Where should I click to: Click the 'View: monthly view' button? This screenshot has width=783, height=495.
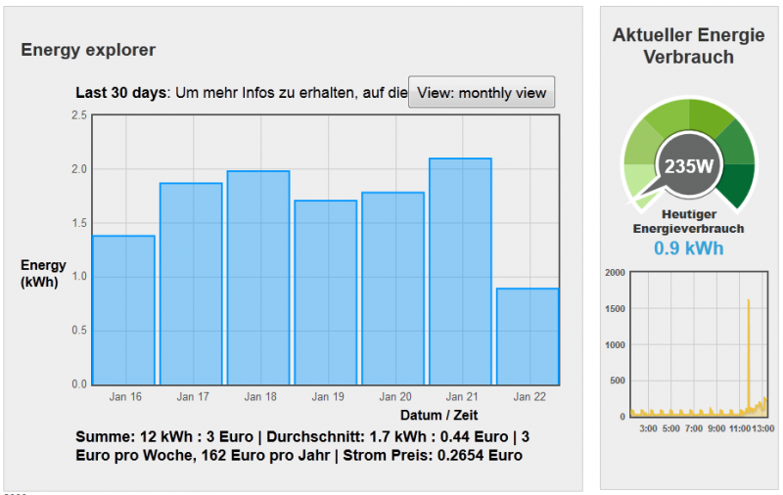pos(482,93)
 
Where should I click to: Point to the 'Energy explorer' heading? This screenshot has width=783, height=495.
pos(88,50)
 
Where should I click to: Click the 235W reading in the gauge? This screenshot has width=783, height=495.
pos(689,165)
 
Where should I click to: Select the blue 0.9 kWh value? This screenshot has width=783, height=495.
pos(689,248)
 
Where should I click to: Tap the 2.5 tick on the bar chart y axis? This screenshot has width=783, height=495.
pos(79,115)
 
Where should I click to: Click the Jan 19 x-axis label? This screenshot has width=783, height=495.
pos(326,397)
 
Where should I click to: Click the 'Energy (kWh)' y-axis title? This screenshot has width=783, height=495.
pos(43,273)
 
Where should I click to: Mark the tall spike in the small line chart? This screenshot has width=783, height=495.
pos(749,352)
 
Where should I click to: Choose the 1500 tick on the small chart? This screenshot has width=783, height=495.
pos(615,309)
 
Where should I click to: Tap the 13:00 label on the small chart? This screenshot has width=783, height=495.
pos(763,428)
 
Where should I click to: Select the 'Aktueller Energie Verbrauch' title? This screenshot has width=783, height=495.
pos(689,46)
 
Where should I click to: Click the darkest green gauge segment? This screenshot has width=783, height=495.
pos(740,182)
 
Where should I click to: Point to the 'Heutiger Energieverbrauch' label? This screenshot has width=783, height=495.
pos(689,221)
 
